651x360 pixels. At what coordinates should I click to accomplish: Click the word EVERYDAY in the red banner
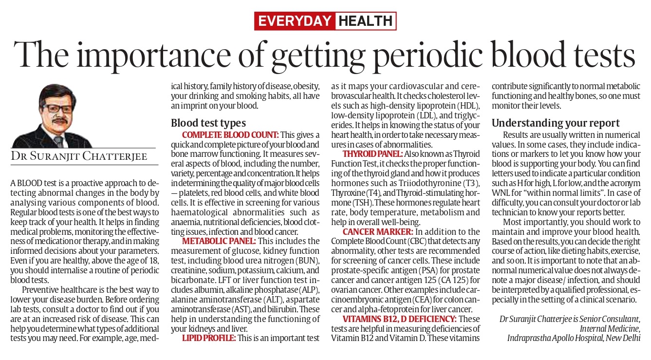(x=295, y=21)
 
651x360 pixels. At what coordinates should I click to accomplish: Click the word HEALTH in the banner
(x=366, y=21)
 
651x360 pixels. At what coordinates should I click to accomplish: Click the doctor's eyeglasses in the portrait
(x=57, y=109)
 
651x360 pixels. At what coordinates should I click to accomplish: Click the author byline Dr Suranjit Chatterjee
(x=79, y=156)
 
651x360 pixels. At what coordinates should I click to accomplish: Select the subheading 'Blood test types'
(x=208, y=123)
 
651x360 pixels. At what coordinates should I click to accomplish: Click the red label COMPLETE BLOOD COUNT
(x=230, y=135)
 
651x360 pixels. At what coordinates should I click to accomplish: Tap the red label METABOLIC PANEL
(x=219, y=241)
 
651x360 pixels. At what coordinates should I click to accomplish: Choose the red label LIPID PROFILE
(x=209, y=338)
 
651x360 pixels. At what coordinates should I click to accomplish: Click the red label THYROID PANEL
(x=373, y=154)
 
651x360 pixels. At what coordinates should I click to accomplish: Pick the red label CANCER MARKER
(x=378, y=232)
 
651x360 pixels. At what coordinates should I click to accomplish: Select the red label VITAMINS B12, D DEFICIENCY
(x=400, y=319)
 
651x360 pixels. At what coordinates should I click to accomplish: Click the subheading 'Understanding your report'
(x=556, y=123)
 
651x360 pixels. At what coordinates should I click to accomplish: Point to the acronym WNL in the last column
(x=501, y=193)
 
